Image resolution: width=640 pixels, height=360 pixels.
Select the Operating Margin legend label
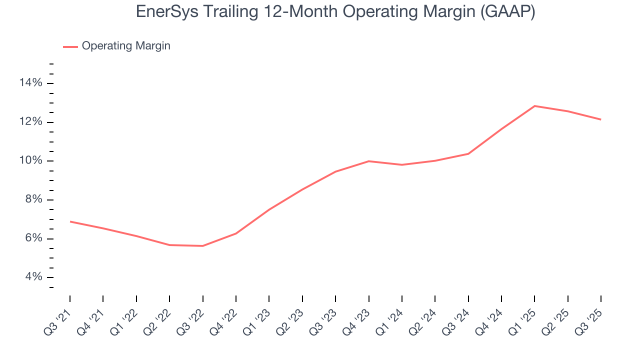pyautogui.click(x=126, y=46)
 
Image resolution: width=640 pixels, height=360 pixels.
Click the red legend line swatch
pyautogui.click(x=70, y=46)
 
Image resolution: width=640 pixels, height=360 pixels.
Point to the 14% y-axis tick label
pyautogui.click(x=31, y=83)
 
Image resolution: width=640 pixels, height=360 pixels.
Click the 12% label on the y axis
pyautogui.click(x=31, y=122)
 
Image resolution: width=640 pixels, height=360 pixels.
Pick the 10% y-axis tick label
pyautogui.click(x=31, y=161)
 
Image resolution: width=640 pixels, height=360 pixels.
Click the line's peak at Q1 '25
pyautogui.click(x=534, y=106)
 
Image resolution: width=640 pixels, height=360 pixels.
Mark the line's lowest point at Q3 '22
pyautogui.click(x=202, y=246)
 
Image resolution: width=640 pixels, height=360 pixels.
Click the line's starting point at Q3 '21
pyautogui.click(x=70, y=221)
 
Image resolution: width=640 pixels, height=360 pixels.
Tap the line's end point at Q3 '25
pyautogui.click(x=600, y=119)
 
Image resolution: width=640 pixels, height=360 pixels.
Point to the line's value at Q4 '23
pyautogui.click(x=368, y=161)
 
